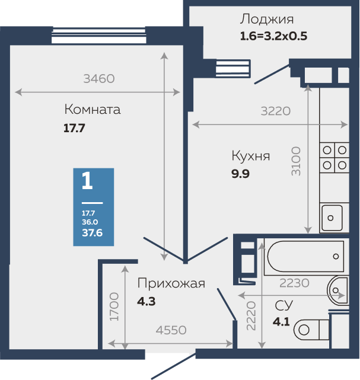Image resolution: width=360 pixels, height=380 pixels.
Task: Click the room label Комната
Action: (92, 110)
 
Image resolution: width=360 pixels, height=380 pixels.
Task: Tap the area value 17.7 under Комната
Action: (75, 127)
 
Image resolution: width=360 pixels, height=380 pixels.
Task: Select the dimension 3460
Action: (98, 78)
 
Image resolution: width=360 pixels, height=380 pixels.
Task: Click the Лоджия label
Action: (266, 20)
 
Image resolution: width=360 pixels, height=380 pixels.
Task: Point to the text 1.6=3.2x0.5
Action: (273, 35)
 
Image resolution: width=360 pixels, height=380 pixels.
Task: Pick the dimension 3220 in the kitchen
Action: (275, 110)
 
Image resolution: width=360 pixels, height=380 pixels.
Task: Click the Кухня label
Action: (250, 157)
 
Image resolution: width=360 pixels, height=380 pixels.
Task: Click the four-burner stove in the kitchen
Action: (334, 158)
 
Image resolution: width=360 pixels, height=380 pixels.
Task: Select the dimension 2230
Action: (294, 283)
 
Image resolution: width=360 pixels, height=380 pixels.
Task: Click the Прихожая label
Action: (171, 283)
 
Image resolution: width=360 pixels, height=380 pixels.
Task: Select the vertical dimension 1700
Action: (114, 306)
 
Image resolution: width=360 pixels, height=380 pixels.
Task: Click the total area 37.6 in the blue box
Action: (93, 233)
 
